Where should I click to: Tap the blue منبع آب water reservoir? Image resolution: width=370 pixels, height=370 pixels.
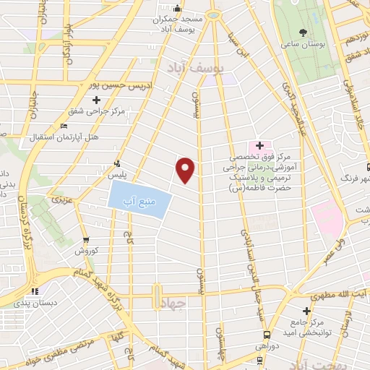(139, 196)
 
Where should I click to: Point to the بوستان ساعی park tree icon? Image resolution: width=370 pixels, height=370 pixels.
(303, 32)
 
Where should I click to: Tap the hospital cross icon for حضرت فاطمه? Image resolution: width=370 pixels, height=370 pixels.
(259, 147)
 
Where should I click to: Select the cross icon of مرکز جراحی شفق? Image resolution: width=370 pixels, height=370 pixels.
(95, 100)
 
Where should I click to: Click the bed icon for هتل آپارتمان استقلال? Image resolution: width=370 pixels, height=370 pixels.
(64, 126)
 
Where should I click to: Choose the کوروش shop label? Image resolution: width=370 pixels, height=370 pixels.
(86, 251)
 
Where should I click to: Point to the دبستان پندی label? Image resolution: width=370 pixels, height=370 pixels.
(30, 303)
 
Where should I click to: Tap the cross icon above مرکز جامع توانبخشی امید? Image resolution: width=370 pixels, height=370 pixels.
(307, 311)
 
